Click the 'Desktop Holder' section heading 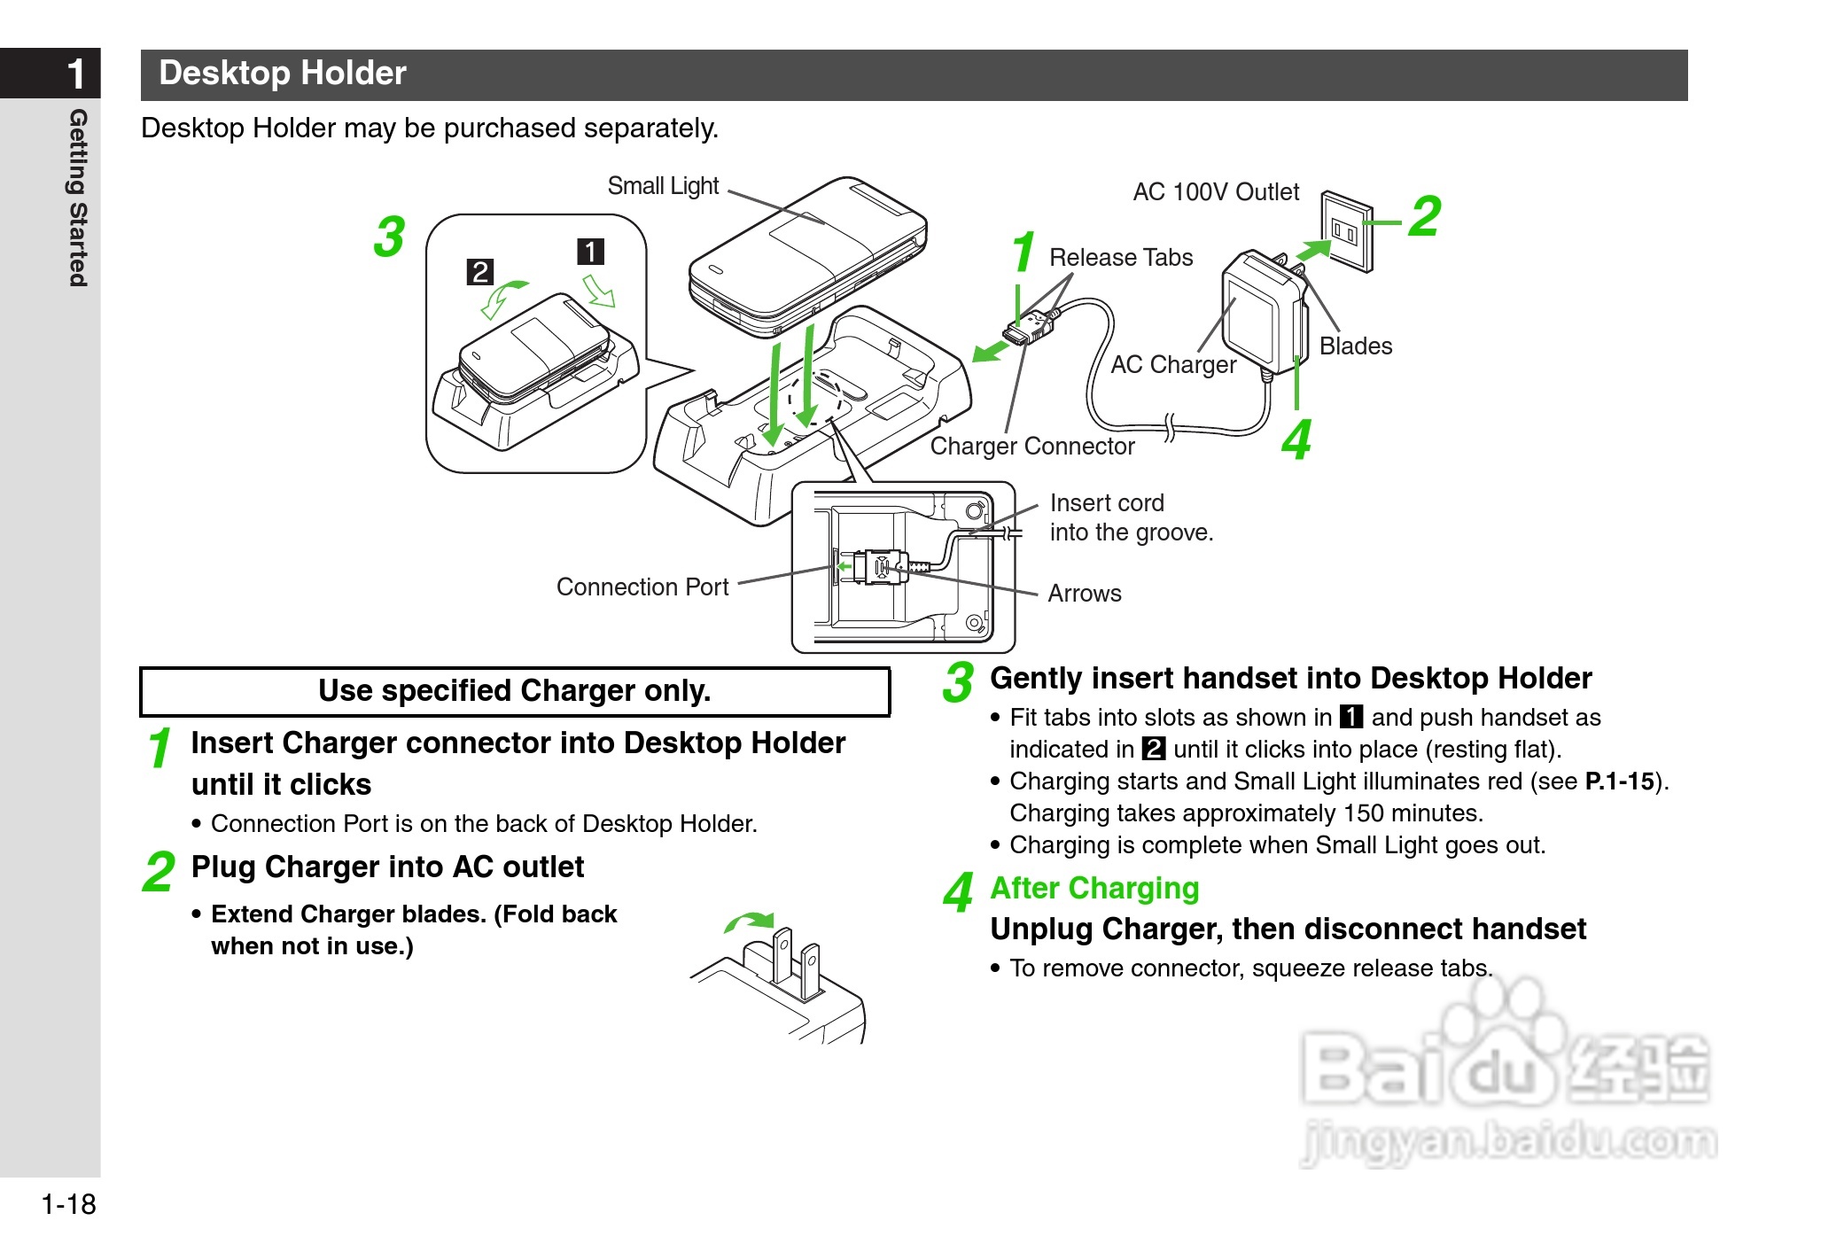point(282,74)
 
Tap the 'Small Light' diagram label point(663,186)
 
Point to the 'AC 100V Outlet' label point(1216,192)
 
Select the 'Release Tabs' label point(1121,258)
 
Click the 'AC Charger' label point(1173,365)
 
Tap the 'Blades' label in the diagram point(1356,346)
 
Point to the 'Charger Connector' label point(1032,447)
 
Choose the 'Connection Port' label point(642,587)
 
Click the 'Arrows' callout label point(1085,594)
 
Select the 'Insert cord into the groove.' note point(1131,517)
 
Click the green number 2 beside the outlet point(1425,216)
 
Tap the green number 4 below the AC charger point(1296,440)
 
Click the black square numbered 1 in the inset point(591,252)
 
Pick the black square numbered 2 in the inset point(480,271)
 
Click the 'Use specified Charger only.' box point(515,691)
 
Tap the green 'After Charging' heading point(1094,888)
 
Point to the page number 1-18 point(68,1205)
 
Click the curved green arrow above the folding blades point(750,922)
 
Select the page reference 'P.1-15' point(1619,781)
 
